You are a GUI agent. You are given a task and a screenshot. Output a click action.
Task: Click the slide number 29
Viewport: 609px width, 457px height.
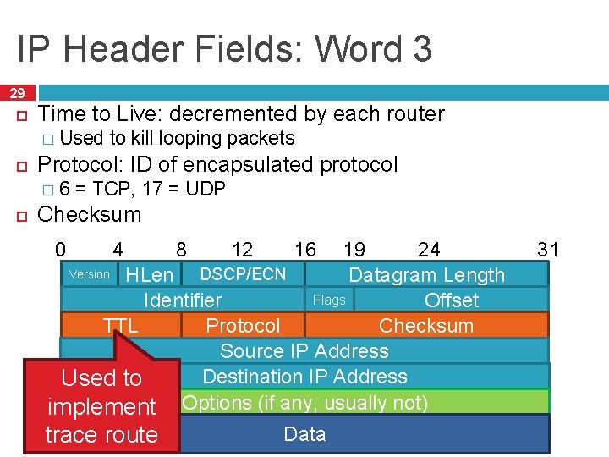[x=18, y=93]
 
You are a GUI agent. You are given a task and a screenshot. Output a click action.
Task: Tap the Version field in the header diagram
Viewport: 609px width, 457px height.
[x=90, y=274]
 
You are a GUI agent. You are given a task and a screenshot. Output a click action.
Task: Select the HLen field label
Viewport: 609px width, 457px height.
[x=149, y=275]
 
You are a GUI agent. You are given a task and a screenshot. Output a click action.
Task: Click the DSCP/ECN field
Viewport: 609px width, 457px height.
[x=243, y=274]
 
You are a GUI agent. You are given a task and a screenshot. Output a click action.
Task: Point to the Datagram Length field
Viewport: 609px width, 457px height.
[x=426, y=275]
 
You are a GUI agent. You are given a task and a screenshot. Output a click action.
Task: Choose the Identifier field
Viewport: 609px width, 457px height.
[x=183, y=300]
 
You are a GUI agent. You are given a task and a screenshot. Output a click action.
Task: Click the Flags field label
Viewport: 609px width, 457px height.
[x=329, y=300]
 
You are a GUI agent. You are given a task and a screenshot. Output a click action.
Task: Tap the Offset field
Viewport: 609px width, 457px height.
[x=452, y=300]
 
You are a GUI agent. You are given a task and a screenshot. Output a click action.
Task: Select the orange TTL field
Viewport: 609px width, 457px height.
[x=121, y=326]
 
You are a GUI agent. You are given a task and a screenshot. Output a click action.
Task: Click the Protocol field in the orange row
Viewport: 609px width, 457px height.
[x=243, y=326]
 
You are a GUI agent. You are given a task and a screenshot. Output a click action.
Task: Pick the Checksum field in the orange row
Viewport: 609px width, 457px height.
[x=426, y=326]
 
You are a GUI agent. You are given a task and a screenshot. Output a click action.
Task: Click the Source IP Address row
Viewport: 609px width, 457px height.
[x=304, y=351]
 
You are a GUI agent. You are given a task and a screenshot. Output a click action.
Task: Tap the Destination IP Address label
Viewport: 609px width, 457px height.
[x=304, y=377]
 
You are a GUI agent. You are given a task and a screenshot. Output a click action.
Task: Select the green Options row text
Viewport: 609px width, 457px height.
[x=304, y=402]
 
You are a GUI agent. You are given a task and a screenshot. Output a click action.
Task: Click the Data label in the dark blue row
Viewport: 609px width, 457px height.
[x=304, y=434]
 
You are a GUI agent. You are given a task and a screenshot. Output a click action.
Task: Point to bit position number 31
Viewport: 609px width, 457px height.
[x=548, y=249]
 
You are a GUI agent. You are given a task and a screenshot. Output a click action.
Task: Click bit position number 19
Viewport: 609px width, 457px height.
[x=354, y=249]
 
